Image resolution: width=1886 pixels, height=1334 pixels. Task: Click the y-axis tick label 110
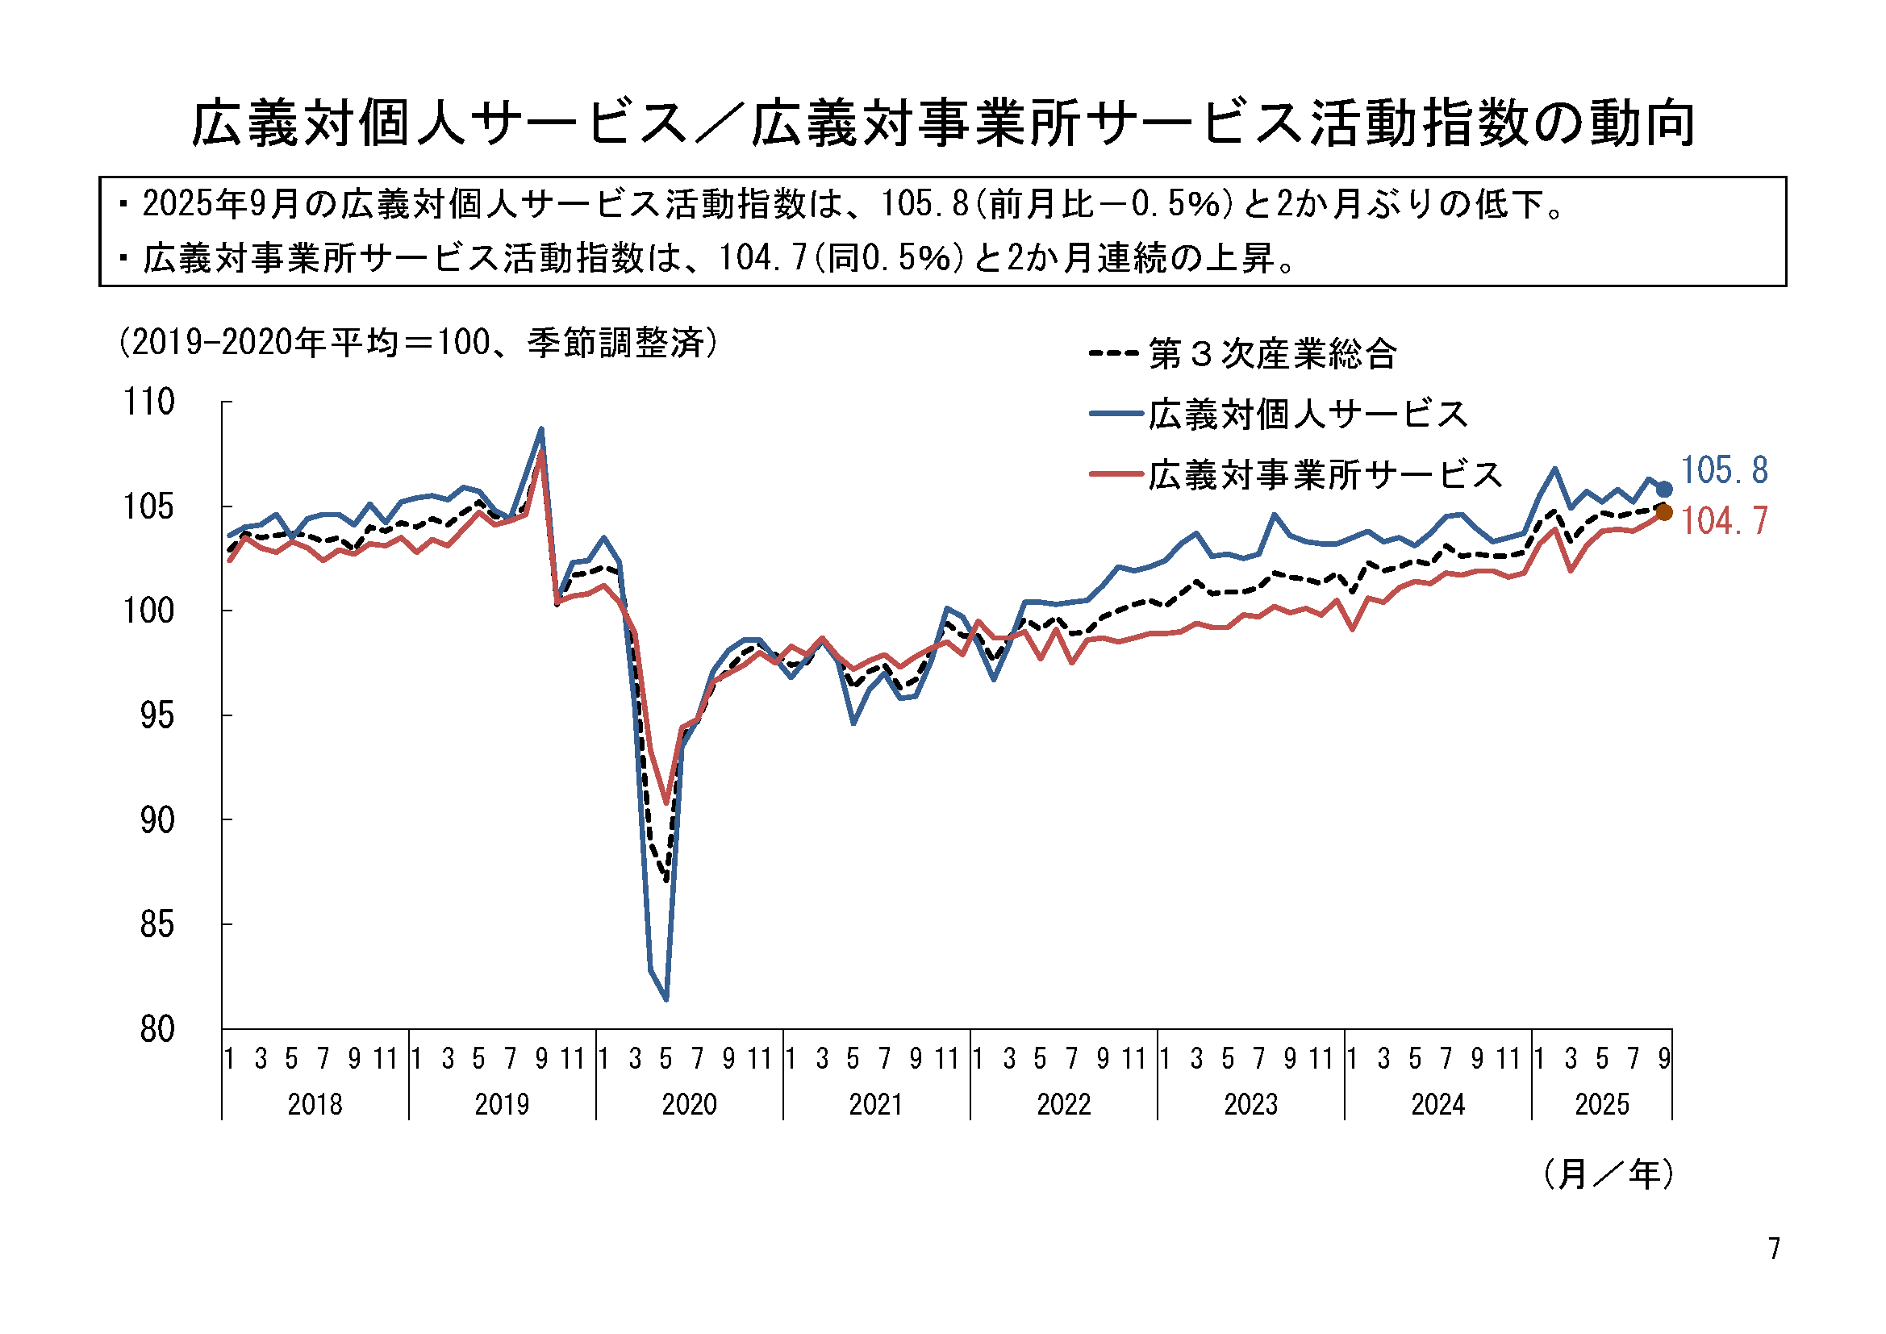pos(148,402)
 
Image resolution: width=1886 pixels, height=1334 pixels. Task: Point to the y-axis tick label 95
pos(156,716)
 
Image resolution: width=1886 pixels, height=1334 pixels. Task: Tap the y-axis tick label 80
pos(156,1029)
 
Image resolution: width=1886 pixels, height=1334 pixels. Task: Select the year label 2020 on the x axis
pos(689,1105)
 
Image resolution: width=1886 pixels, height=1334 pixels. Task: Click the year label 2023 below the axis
pos(1251,1105)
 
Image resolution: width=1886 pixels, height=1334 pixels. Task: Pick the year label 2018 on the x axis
pos(315,1105)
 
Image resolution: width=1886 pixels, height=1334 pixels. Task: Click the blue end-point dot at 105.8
pos(1664,490)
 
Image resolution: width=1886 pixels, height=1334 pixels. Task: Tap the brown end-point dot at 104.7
pos(1664,513)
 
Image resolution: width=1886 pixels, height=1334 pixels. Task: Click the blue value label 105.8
pos(1724,471)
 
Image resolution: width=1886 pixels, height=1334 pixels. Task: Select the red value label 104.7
pos(1724,522)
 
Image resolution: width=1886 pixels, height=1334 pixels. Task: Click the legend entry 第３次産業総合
pos(1243,354)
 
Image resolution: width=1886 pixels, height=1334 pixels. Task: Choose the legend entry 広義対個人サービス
pos(1278,414)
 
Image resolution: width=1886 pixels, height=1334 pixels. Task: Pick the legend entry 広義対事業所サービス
pos(1296,475)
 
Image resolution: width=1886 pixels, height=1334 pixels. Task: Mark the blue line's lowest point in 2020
pos(666,999)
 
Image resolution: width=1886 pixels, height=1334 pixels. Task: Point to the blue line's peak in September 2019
pos(541,429)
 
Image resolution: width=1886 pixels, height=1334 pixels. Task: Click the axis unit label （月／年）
pos(1608,1174)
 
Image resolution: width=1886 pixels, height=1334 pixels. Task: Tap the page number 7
pos(1775,1249)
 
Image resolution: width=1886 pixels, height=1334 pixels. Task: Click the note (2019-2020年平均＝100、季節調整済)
pos(418,342)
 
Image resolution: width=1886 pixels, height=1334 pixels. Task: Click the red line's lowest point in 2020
pos(666,802)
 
